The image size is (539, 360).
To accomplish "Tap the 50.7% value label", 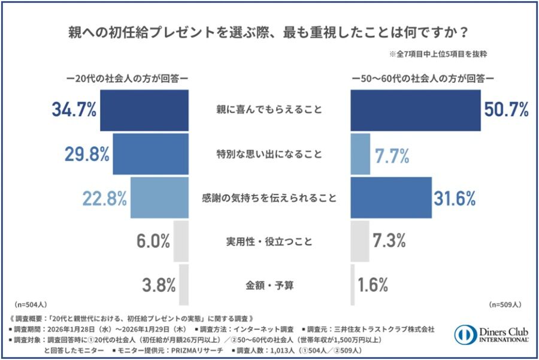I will click(506, 110).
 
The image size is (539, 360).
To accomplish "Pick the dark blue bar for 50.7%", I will click(415, 110).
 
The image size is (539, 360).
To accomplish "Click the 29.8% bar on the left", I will click(150, 154).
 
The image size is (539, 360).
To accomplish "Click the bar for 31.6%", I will click(390, 198).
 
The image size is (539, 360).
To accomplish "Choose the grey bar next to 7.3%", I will click(359, 241).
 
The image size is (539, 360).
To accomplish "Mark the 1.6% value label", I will click(373, 283).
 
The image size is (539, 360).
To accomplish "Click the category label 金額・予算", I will click(269, 284).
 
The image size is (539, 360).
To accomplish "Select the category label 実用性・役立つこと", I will click(269, 241).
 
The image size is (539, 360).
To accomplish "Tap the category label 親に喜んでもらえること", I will click(269, 110).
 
